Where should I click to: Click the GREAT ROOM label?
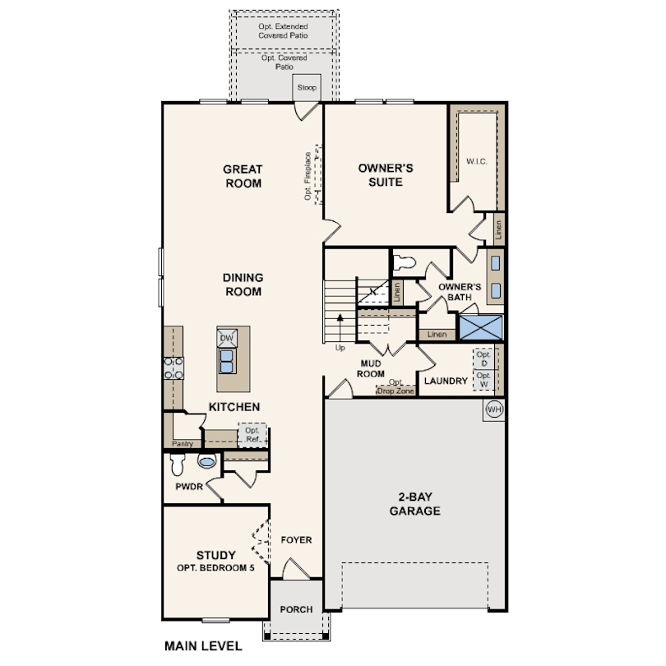pos(243,176)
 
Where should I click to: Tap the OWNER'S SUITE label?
pos(385,174)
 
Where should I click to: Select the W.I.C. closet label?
pos(476,161)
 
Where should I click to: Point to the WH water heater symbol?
pos(494,409)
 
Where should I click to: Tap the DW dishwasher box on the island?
pos(227,338)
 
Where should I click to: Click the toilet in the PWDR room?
pos(177,466)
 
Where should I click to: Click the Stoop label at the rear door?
pos(307,88)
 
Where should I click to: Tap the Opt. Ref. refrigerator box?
pos(252,434)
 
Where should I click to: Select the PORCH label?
pos(296,609)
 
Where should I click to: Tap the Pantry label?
pos(183,444)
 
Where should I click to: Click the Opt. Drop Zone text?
pos(395,386)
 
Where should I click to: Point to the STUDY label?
pos(215,555)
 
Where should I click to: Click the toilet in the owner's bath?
pos(404,263)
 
